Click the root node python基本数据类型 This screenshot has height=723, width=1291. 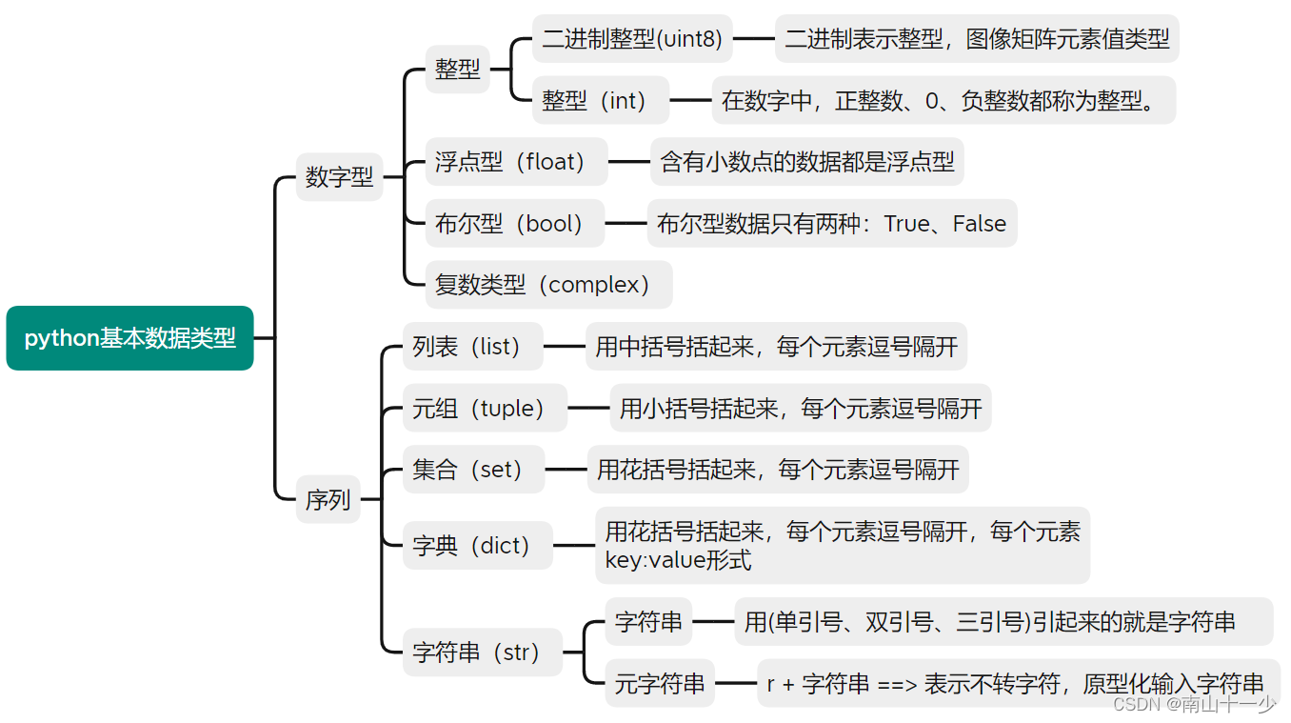click(129, 338)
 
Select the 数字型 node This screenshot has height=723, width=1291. click(339, 177)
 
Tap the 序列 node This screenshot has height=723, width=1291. click(328, 500)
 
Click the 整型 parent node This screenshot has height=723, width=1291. click(458, 70)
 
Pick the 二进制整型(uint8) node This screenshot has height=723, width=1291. click(632, 39)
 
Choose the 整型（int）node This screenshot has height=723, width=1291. click(600, 100)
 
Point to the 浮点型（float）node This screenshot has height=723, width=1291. click(515, 162)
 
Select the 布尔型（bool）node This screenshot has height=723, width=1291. click(514, 224)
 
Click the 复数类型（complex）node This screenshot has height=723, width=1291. click(548, 285)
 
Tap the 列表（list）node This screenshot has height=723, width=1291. click(472, 347)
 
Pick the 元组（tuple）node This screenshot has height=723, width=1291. click(485, 409)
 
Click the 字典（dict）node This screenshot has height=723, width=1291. click(477, 546)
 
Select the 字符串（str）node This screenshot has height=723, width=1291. click(482, 653)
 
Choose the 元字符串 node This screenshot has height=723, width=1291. click(660, 683)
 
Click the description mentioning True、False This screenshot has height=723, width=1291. click(831, 224)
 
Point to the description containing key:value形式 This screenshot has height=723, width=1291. click(842, 546)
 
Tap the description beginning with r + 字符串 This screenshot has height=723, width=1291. click(1015, 683)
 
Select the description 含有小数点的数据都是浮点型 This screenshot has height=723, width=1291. click(807, 162)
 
